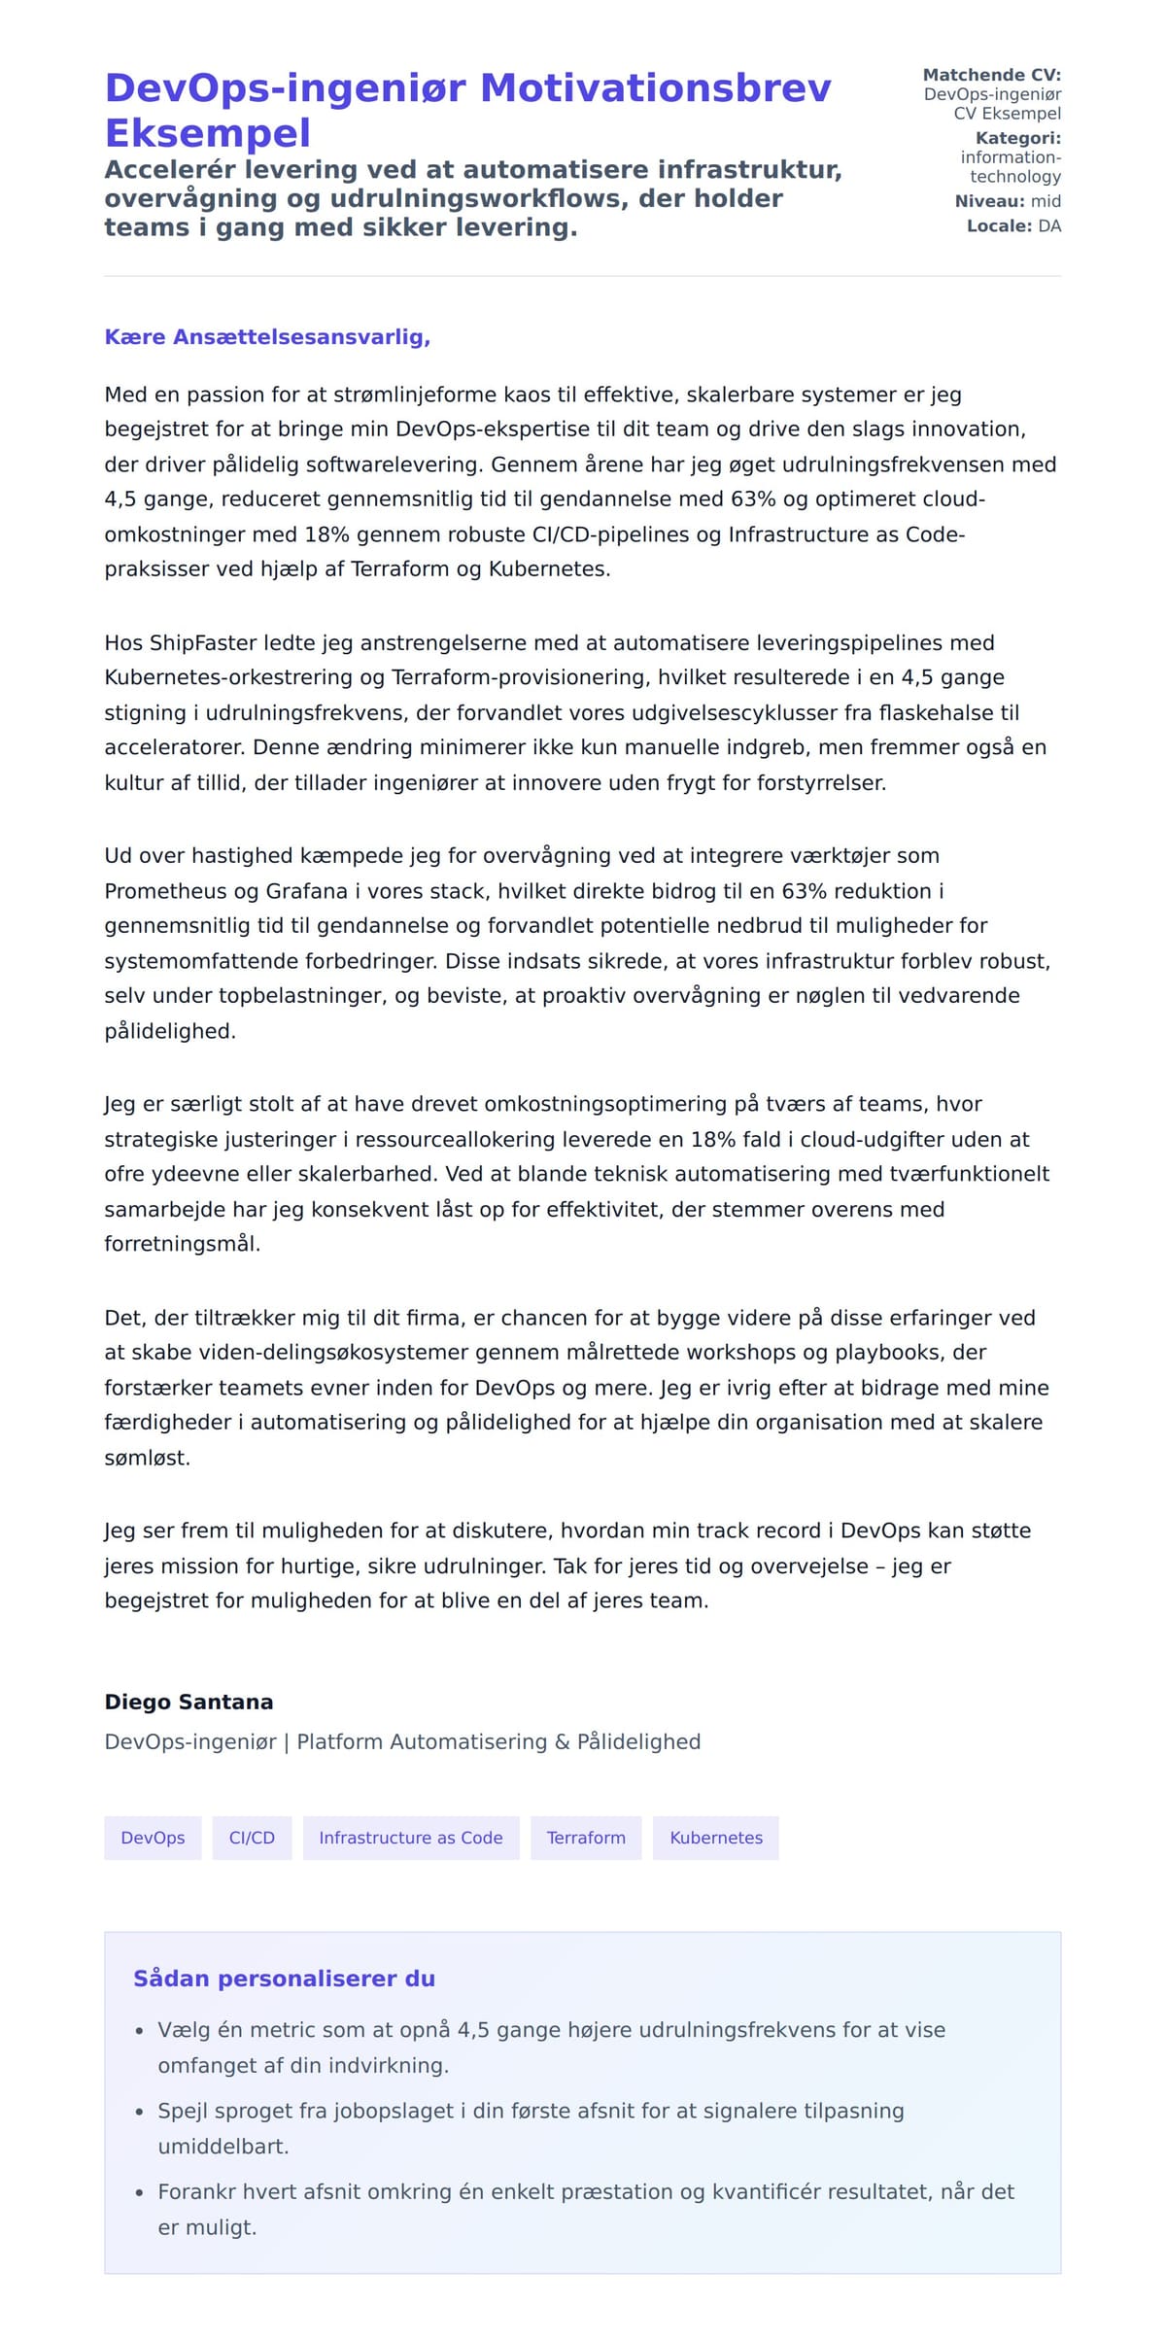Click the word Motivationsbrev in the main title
[656, 88]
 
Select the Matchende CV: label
[991, 75]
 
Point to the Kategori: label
[1017, 138]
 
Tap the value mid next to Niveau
[1046, 201]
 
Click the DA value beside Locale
[1049, 226]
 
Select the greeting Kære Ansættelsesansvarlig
[267, 337]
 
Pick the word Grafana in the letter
[306, 891]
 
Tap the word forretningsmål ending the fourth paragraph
[182, 1244]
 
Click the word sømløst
[147, 1458]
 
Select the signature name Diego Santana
[189, 1703]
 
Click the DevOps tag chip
[153, 1838]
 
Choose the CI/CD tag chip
[252, 1838]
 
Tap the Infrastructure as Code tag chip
[411, 1838]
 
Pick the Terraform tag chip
[586, 1838]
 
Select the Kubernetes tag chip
[716, 1838]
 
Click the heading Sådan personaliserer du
[284, 1979]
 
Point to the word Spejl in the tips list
[182, 2111]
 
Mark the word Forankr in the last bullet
[197, 2191]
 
